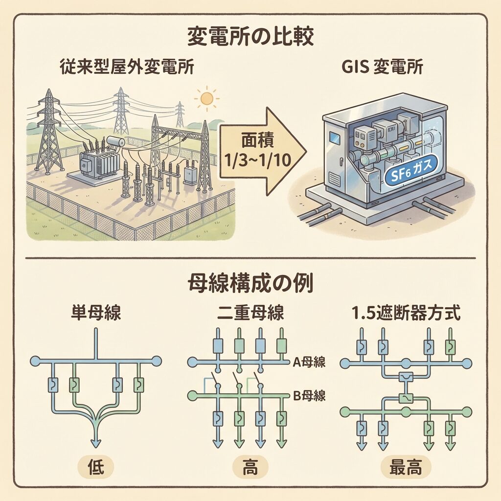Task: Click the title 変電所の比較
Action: [x=250, y=37]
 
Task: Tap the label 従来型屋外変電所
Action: [x=126, y=67]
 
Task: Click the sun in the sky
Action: [x=207, y=98]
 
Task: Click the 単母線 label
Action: [x=96, y=313]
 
